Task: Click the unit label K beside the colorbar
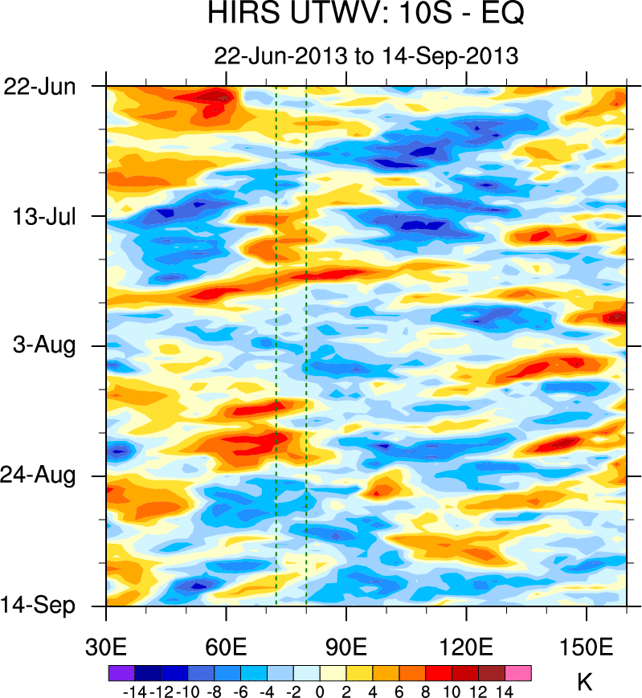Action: (x=585, y=684)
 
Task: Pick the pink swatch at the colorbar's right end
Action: (x=518, y=671)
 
